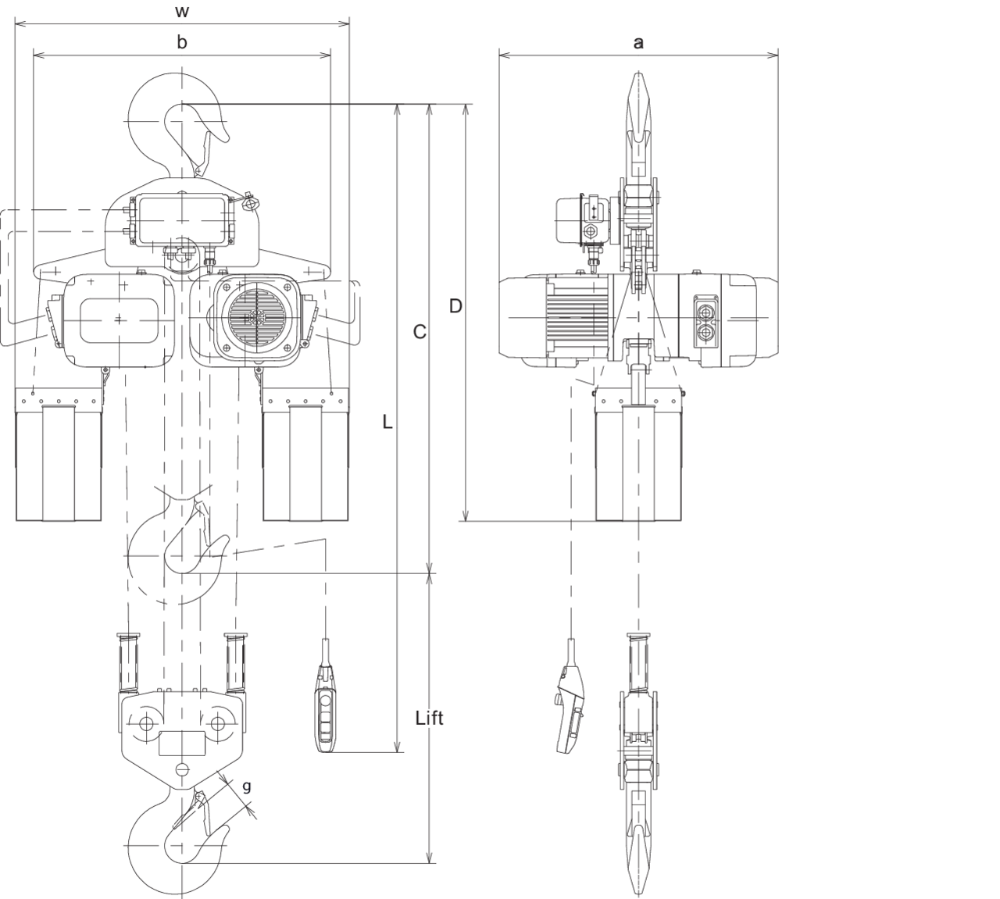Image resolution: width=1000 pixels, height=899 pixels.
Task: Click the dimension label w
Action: tap(182, 11)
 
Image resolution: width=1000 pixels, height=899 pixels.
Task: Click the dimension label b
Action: tap(182, 42)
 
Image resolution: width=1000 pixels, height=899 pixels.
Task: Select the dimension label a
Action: tap(638, 43)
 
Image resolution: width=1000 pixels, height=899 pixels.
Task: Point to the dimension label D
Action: tap(455, 306)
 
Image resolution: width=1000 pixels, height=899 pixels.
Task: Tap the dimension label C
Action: tap(420, 332)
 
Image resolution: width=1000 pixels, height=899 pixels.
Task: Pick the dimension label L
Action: tap(387, 423)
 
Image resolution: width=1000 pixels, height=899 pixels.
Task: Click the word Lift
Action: tap(429, 718)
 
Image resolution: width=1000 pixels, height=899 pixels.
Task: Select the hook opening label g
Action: tap(246, 787)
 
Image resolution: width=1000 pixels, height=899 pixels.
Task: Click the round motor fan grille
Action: tap(257, 318)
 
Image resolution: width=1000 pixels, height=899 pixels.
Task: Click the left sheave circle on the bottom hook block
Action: tap(146, 723)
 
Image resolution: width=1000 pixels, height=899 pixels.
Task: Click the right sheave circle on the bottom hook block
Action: tap(217, 723)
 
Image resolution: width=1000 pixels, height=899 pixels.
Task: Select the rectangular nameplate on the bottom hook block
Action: tap(182, 743)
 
